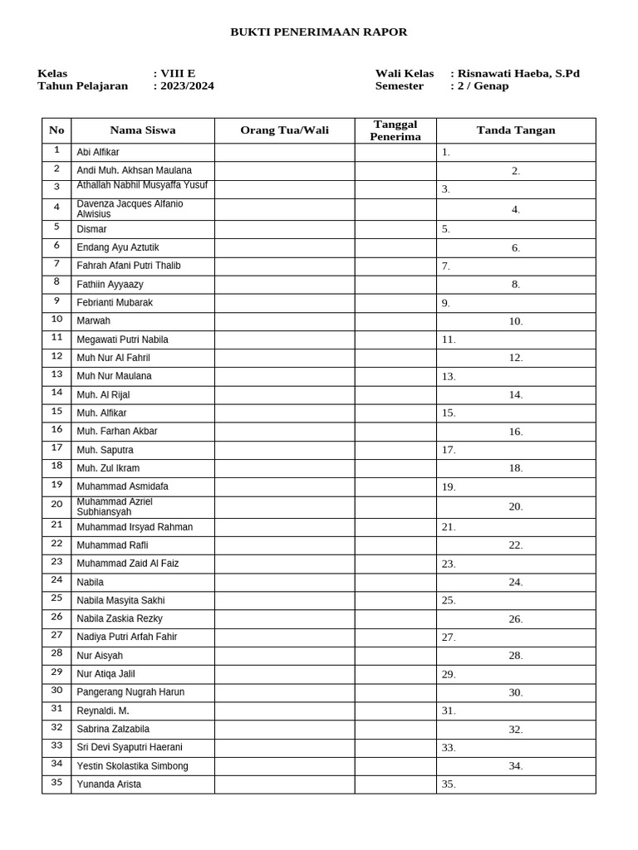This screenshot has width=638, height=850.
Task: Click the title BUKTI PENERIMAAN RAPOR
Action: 318,32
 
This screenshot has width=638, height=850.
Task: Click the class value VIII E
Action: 178,73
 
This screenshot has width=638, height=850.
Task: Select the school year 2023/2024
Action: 187,85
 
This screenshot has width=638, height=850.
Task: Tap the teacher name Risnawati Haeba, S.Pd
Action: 518,73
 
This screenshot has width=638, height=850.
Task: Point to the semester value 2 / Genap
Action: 483,85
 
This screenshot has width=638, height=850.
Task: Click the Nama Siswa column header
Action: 143,130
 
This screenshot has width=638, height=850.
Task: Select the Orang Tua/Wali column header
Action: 284,130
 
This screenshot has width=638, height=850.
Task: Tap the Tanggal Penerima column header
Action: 395,130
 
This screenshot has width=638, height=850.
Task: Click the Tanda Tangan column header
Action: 516,130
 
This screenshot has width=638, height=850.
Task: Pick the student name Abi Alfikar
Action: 98,153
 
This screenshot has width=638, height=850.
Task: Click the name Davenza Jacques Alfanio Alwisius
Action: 130,209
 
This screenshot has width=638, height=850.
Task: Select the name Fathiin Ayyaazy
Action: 110,284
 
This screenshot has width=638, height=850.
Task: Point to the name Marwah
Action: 93,320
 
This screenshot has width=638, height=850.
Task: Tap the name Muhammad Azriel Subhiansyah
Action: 115,507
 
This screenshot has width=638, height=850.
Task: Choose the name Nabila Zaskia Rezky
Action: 120,618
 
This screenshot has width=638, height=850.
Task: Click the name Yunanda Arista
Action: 109,784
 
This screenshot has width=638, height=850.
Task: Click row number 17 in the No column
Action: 56,448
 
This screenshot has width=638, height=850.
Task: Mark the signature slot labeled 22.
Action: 516,545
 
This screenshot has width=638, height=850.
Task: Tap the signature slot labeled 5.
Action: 446,229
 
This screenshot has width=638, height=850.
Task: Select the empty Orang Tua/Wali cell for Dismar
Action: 284,229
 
